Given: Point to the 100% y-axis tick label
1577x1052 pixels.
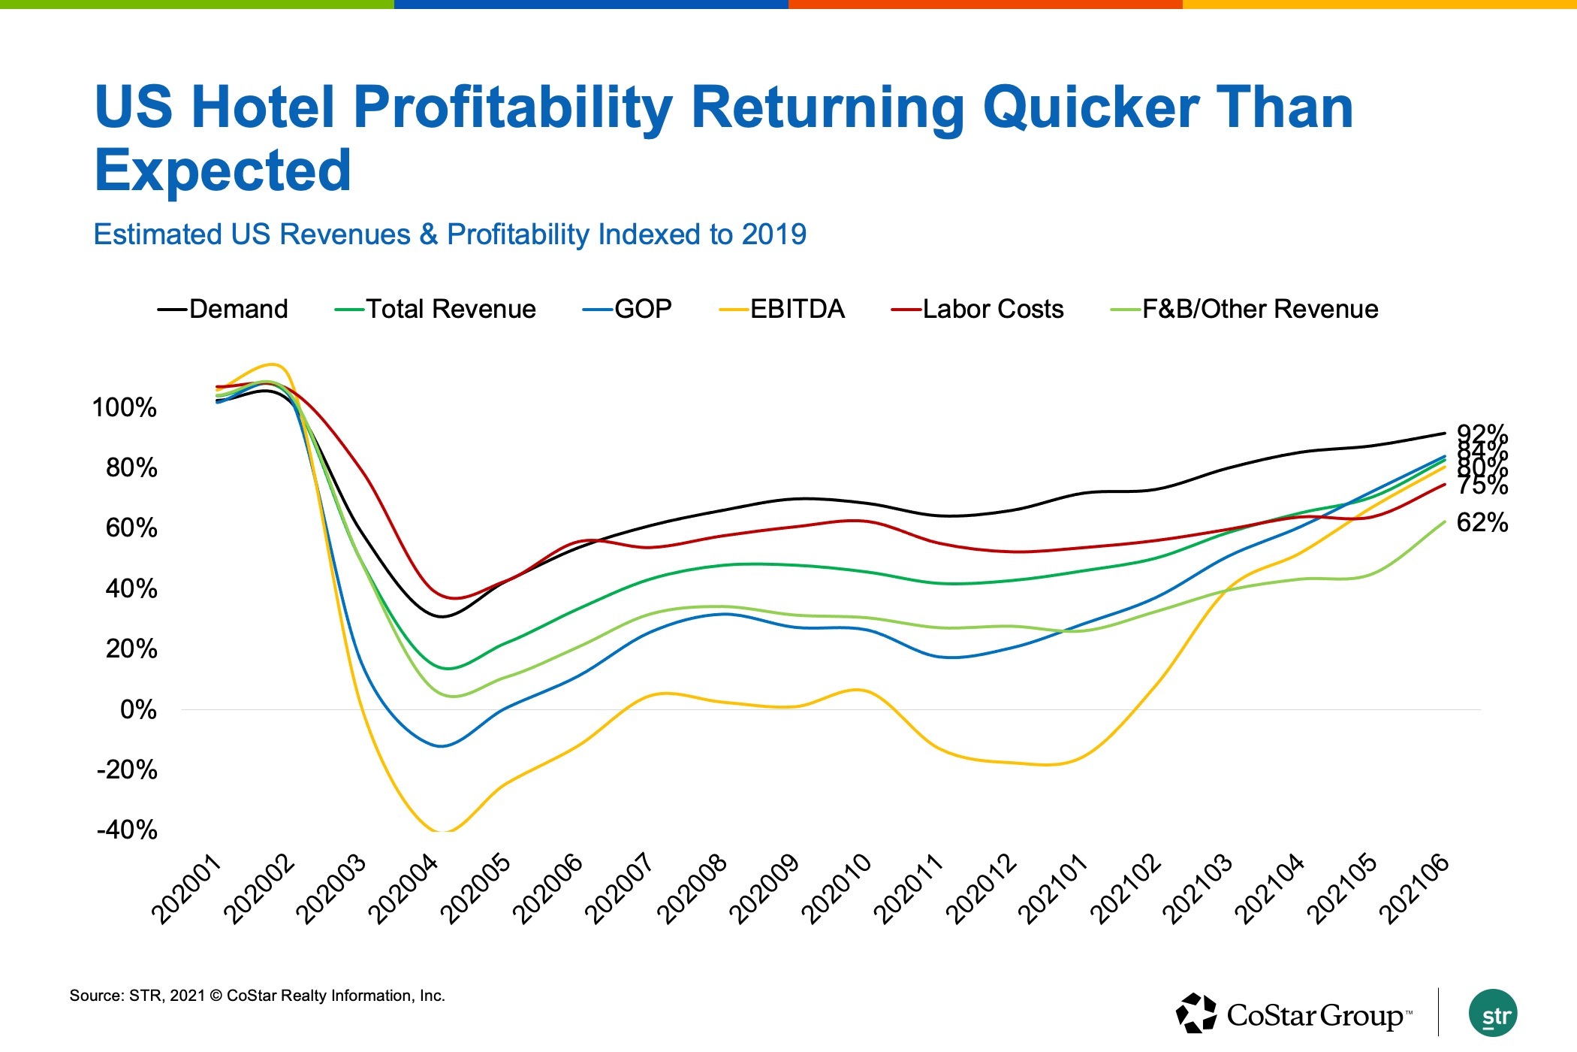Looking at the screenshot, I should (x=125, y=408).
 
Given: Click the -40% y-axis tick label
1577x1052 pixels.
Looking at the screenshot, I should (x=127, y=830).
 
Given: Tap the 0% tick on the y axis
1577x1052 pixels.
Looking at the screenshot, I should (x=138, y=709).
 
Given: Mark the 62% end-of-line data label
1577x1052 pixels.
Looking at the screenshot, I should (x=1482, y=523).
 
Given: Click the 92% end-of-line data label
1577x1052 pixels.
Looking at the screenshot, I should (x=1482, y=434).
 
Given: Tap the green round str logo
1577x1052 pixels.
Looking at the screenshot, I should (x=1493, y=1013).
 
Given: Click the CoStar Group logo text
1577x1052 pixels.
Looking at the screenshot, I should (x=1314, y=1015).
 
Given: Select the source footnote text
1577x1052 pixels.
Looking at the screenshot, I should (x=258, y=996).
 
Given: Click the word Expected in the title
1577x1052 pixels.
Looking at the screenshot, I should (x=223, y=170).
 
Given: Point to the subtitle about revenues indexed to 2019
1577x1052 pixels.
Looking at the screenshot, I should (x=450, y=234).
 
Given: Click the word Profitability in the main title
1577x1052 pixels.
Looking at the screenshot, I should (x=512, y=107).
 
